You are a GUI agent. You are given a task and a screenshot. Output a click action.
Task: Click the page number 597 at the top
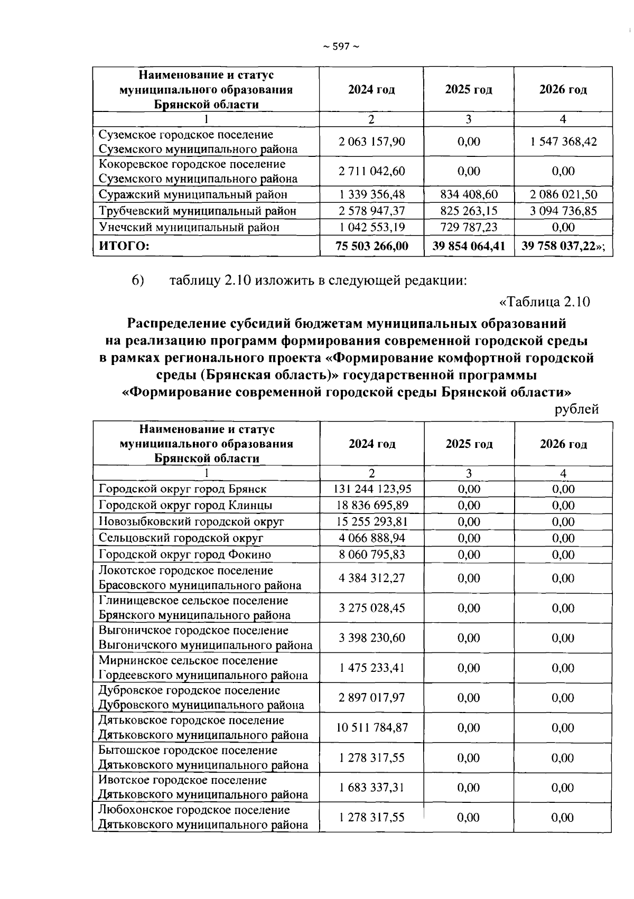[x=341, y=46]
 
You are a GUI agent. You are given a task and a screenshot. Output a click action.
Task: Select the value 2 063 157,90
[x=371, y=142]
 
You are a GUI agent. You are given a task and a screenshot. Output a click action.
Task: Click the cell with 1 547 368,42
[x=563, y=142]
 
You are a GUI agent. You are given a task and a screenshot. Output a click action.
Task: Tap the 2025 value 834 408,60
[x=469, y=194]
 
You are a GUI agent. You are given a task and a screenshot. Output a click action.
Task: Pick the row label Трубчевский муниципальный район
[x=198, y=211]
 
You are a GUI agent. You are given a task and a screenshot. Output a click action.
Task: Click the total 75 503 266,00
[x=371, y=246]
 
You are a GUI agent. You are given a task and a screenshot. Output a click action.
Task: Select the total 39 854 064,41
[x=469, y=246]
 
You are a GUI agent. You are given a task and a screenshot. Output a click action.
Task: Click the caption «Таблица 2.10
[x=544, y=302]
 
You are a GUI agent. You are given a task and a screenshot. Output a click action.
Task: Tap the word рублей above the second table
[x=576, y=409]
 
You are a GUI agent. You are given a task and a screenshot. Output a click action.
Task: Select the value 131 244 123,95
[x=372, y=489]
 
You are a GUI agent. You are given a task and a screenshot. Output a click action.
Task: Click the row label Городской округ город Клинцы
[x=185, y=505]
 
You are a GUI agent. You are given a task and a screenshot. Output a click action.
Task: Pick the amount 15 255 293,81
[x=372, y=522]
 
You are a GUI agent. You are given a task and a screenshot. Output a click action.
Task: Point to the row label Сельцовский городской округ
[x=181, y=538]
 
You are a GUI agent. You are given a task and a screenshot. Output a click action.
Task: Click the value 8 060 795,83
[x=372, y=554]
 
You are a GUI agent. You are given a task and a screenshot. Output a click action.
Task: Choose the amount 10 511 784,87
[x=372, y=727]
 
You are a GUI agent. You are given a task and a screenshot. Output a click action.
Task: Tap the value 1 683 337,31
[x=372, y=787]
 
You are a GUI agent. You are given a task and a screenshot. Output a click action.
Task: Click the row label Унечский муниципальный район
[x=189, y=227]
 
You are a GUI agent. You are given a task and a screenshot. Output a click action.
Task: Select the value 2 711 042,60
[x=371, y=171]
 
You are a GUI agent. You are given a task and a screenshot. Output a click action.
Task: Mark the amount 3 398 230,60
[x=372, y=638]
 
